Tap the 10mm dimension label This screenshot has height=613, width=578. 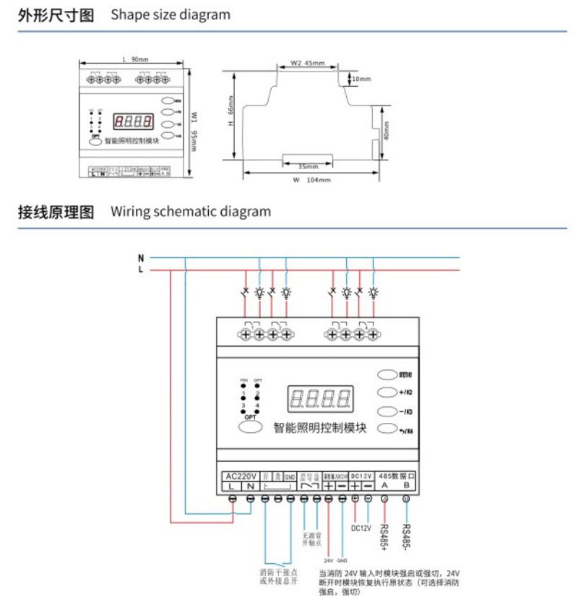(x=361, y=78)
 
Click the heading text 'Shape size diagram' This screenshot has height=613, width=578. (x=171, y=14)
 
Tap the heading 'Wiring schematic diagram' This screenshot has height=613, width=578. (x=191, y=212)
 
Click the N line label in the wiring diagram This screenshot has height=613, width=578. (x=141, y=257)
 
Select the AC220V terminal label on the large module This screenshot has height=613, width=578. (x=241, y=476)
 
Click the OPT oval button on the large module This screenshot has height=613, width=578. (x=250, y=427)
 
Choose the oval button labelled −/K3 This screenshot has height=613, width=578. (x=387, y=412)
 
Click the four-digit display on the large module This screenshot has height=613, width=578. (x=320, y=399)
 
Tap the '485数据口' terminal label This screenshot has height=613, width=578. (x=397, y=476)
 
